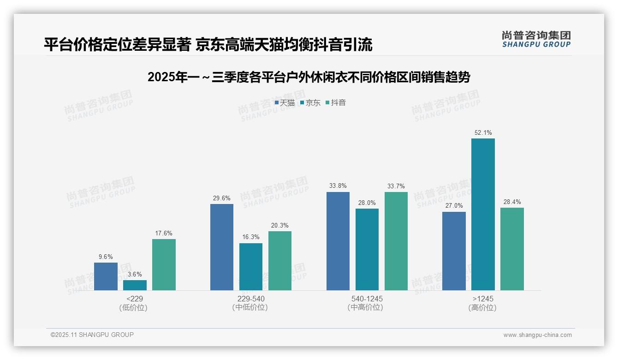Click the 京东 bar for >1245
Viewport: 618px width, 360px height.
pos(483,214)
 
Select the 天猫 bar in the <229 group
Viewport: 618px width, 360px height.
pos(106,276)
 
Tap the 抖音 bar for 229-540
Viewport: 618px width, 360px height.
pos(280,261)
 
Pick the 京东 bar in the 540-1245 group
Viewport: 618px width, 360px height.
pos(367,249)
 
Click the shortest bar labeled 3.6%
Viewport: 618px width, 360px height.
pos(135,285)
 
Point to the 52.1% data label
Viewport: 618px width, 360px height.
pos(483,133)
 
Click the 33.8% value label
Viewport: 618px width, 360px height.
pos(338,186)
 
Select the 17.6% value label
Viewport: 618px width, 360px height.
pos(164,234)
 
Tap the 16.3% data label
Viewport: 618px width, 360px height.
pos(251,237)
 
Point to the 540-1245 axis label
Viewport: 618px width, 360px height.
pos(367,299)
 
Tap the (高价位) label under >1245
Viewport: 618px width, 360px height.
pos(483,308)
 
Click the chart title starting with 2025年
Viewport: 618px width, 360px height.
pos(309,78)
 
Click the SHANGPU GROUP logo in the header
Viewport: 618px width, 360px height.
pos(536,39)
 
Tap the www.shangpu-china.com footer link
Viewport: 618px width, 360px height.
pos(537,335)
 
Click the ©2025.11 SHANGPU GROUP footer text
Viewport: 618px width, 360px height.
pos(92,335)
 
